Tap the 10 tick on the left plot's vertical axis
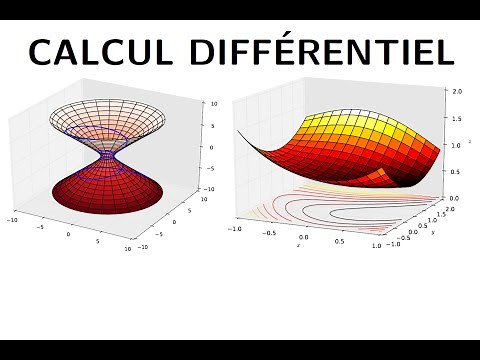pos(202,102)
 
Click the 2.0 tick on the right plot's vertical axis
pos(457,91)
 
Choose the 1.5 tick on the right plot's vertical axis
pos(456,118)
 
